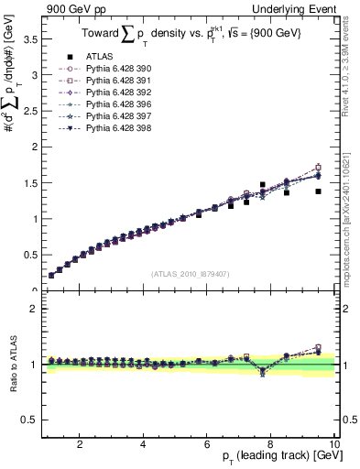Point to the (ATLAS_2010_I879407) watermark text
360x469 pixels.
pyautogui.click(x=190, y=273)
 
